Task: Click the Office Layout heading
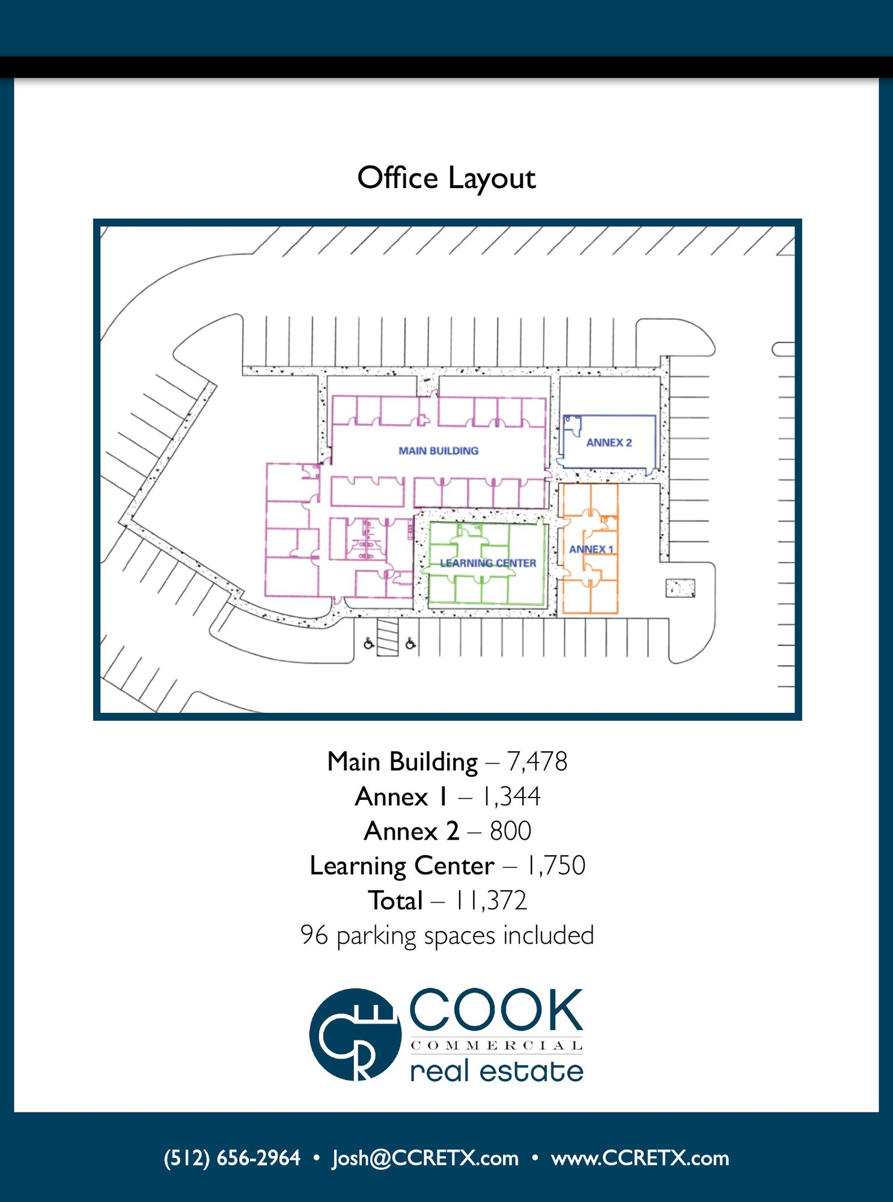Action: point(446,178)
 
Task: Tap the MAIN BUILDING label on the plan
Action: point(439,451)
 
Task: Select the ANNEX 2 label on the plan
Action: point(609,443)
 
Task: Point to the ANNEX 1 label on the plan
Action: point(591,549)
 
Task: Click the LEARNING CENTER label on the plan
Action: point(488,563)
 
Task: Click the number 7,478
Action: point(537,761)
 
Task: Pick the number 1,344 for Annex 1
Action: point(511,796)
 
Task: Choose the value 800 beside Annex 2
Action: point(510,831)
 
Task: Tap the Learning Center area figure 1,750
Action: point(556,865)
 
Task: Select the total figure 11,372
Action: point(491,900)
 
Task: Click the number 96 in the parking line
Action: point(314,935)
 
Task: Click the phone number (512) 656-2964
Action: point(232,1158)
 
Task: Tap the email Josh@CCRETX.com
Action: point(425,1158)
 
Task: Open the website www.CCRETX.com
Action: point(640,1158)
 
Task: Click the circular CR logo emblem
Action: point(355,1035)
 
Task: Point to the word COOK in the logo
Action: point(496,1010)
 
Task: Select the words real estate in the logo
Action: point(496,1070)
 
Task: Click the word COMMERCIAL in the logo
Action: point(496,1046)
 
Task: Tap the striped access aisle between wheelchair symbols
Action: point(388,636)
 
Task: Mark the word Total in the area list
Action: point(395,900)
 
